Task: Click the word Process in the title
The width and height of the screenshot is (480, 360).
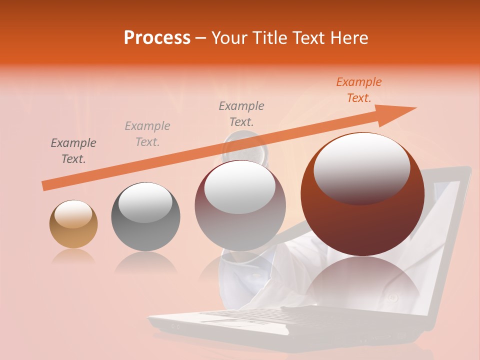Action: pyautogui.click(x=157, y=38)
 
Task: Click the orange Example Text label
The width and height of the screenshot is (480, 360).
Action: pyautogui.click(x=359, y=90)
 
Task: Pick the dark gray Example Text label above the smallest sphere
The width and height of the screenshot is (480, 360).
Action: pyautogui.click(x=73, y=151)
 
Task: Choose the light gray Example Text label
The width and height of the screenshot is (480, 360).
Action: pyautogui.click(x=147, y=134)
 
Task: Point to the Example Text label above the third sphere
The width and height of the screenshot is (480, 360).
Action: pyautogui.click(x=241, y=113)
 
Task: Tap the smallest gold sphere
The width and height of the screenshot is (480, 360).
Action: pyautogui.click(x=73, y=224)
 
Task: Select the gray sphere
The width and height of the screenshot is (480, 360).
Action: pyautogui.click(x=145, y=217)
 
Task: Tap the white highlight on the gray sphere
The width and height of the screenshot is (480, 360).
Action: pyautogui.click(x=145, y=202)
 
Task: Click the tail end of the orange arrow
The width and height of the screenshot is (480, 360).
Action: pyautogui.click(x=45, y=185)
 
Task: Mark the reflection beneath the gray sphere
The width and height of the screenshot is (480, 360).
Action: pyautogui.click(x=145, y=262)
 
